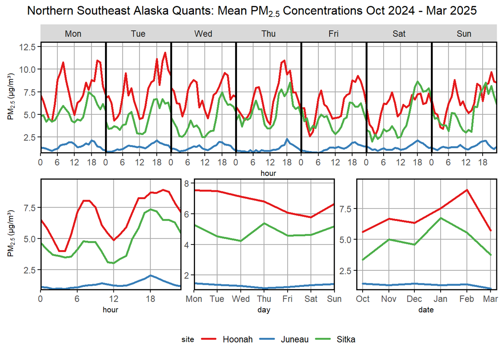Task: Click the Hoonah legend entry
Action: (237, 339)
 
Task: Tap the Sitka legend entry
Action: (346, 339)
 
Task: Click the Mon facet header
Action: (73, 34)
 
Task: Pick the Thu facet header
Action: (269, 34)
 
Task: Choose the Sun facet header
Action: (464, 34)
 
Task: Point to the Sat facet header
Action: (399, 34)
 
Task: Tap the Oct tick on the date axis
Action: (363, 299)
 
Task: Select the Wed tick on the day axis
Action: (241, 299)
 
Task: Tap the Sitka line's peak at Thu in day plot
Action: (264, 223)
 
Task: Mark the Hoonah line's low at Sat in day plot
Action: (311, 217)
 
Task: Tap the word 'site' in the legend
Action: (188, 340)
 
